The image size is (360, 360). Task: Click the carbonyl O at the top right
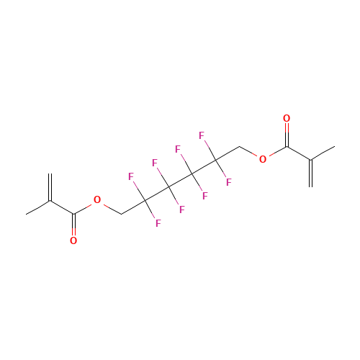click(287, 118)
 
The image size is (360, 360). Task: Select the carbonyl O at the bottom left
click(73, 240)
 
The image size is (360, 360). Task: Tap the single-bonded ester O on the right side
click(263, 159)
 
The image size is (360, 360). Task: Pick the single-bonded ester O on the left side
click(97, 199)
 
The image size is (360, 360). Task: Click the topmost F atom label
click(202, 135)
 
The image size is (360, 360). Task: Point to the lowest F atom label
click(158, 223)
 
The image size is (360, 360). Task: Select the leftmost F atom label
click(131, 176)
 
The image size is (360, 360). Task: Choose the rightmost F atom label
click(229, 182)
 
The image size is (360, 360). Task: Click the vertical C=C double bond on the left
click(50, 187)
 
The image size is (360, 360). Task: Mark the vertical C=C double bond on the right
click(310, 174)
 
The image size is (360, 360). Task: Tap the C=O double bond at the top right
click(287, 135)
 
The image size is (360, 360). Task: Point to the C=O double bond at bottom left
click(73, 225)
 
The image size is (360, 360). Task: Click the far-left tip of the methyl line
click(26, 214)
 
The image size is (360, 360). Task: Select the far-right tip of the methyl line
click(335, 146)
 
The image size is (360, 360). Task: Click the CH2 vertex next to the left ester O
click(122, 214)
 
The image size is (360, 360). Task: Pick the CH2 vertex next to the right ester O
click(240, 146)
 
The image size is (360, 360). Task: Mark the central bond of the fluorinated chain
click(181, 180)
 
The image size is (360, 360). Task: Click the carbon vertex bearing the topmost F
click(216, 160)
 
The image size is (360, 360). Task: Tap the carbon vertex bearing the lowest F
click(145, 200)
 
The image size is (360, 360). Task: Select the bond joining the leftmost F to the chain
click(140, 191)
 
